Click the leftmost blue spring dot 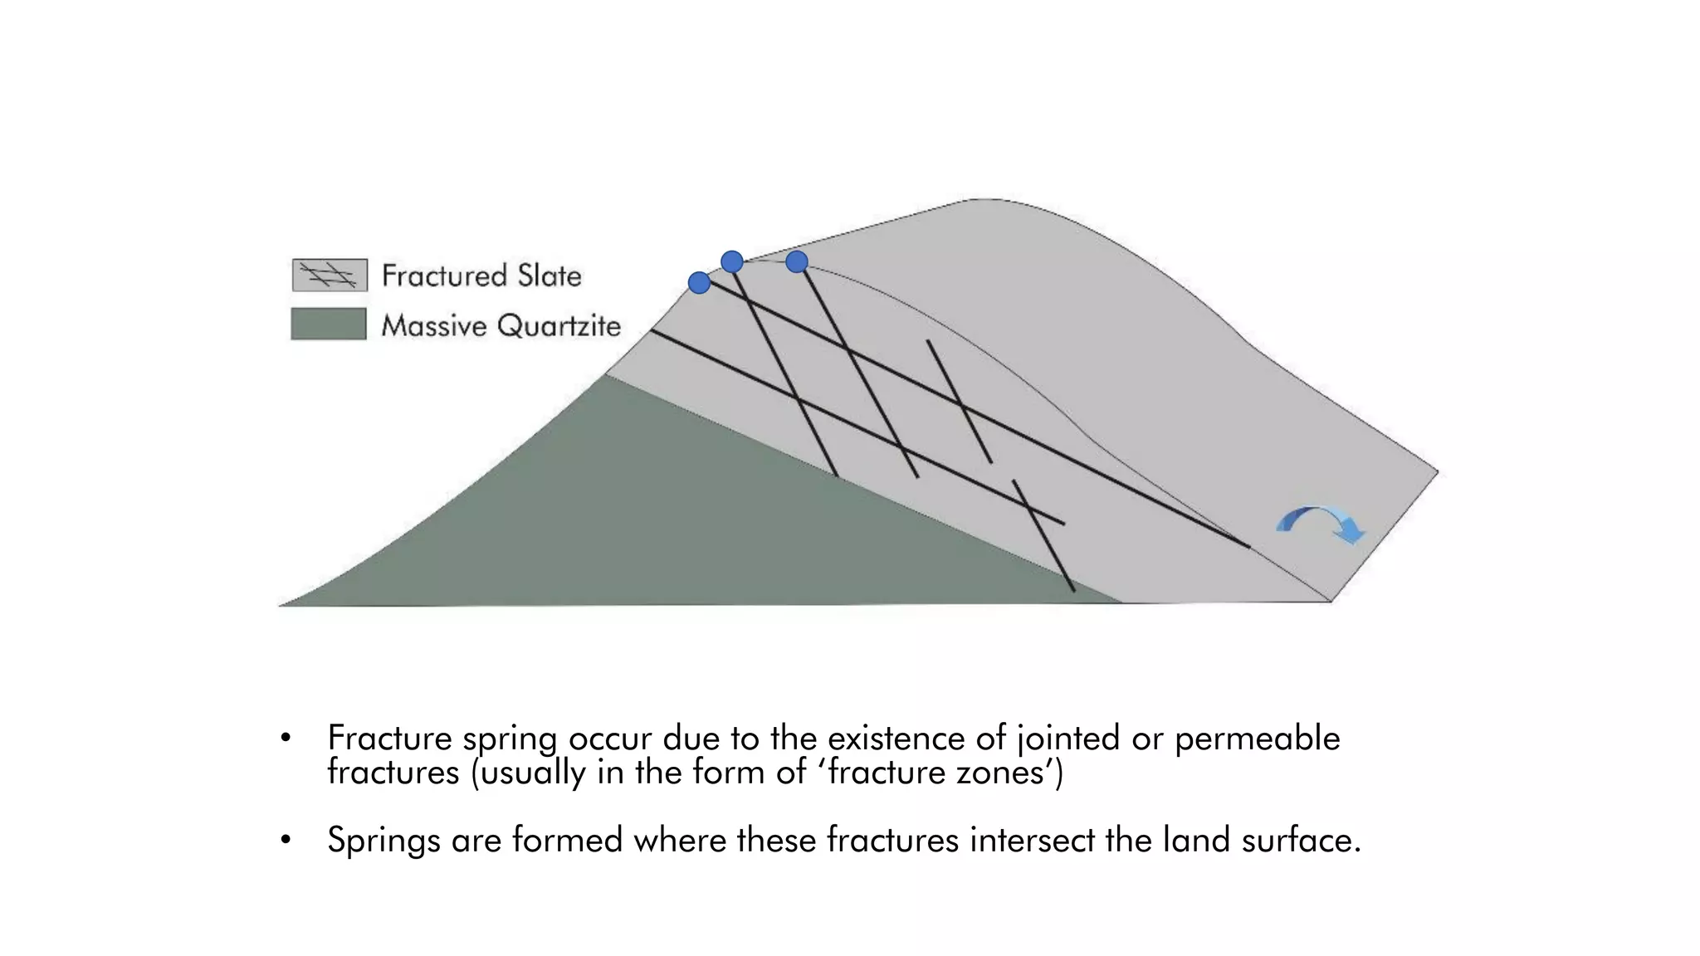(x=699, y=283)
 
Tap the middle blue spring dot (x=731, y=262)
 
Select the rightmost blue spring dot (x=797, y=262)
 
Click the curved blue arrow (x=1320, y=523)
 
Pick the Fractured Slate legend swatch (x=330, y=276)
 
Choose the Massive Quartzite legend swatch (x=329, y=324)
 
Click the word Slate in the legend (x=550, y=276)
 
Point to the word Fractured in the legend (x=444, y=276)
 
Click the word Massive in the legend (x=434, y=326)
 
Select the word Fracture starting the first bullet (x=389, y=738)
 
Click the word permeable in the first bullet (x=1257, y=738)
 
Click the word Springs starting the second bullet (x=383, y=841)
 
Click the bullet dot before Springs (x=286, y=841)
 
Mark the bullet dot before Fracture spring (x=286, y=738)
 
